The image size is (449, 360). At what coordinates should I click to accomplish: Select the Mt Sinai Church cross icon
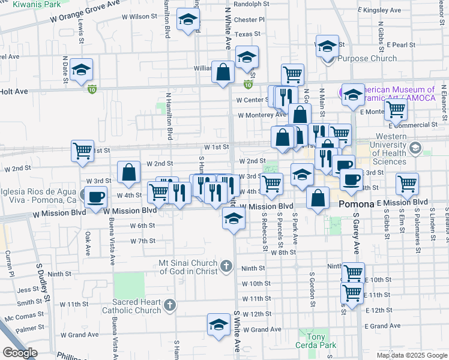pos(226,265)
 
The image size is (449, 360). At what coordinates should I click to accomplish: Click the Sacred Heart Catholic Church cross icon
pos(170,305)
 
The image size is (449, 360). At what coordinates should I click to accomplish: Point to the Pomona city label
pos(357,205)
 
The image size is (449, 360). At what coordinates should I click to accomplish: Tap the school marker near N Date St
pos(81,70)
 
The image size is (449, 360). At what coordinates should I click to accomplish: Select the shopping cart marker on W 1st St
pos(82,151)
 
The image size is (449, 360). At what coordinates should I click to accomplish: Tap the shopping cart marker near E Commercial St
pos(396,110)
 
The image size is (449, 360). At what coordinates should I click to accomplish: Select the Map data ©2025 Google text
pos(411,355)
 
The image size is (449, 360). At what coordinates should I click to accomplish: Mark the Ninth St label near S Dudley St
pos(59,274)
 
